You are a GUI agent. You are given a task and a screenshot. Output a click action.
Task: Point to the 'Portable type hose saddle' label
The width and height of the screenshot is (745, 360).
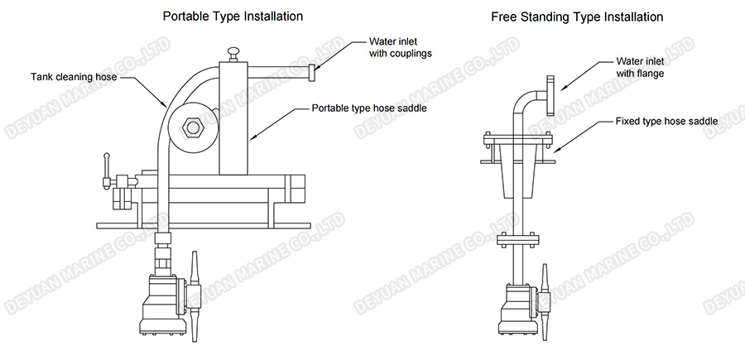tap(369, 108)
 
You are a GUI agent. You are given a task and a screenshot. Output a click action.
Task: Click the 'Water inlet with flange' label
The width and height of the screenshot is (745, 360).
tap(642, 67)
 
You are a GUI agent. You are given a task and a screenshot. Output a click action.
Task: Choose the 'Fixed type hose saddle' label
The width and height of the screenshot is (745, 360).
tap(666, 121)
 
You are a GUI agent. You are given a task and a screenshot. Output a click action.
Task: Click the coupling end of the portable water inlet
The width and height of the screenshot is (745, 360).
tap(312, 74)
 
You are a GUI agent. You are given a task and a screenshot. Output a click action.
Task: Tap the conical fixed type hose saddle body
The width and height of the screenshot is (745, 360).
tap(519, 179)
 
